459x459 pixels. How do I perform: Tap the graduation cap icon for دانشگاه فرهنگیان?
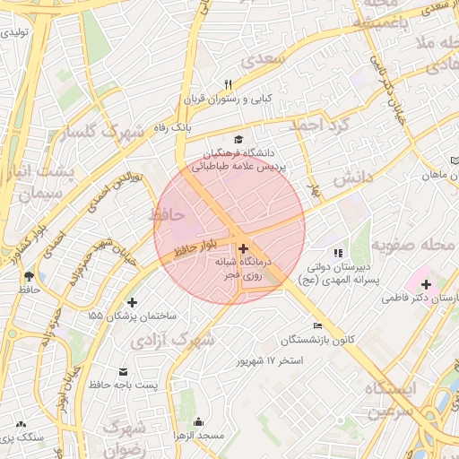238,139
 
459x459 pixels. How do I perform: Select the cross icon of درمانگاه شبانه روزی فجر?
244,246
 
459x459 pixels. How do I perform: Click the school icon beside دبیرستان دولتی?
338,253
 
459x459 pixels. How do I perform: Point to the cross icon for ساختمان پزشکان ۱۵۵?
133,302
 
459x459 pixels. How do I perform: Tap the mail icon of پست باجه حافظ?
123,370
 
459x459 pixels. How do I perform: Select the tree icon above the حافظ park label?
30,275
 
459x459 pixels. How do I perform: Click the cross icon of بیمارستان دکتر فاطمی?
425,284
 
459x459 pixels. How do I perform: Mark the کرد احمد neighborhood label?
317,126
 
